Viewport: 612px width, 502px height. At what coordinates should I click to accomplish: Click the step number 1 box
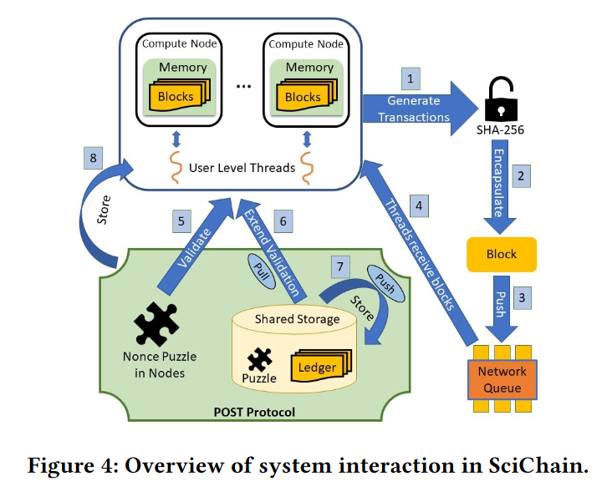point(410,80)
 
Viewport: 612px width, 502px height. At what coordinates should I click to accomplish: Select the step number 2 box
point(521,175)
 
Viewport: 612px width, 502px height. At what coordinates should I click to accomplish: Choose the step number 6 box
point(283,221)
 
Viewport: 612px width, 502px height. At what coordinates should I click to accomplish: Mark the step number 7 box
point(338,266)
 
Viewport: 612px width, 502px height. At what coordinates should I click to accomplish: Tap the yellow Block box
point(502,254)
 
